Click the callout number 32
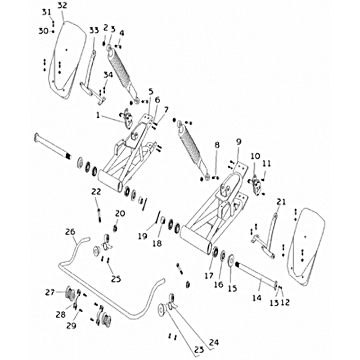click(x=63, y=5)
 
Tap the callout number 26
click(x=70, y=232)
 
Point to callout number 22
click(x=96, y=191)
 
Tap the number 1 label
click(x=98, y=115)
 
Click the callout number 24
click(x=214, y=342)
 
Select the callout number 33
click(x=94, y=31)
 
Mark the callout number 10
click(x=255, y=157)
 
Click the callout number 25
click(x=116, y=279)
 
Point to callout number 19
click(x=143, y=236)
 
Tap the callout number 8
click(x=217, y=145)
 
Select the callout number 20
click(x=120, y=213)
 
